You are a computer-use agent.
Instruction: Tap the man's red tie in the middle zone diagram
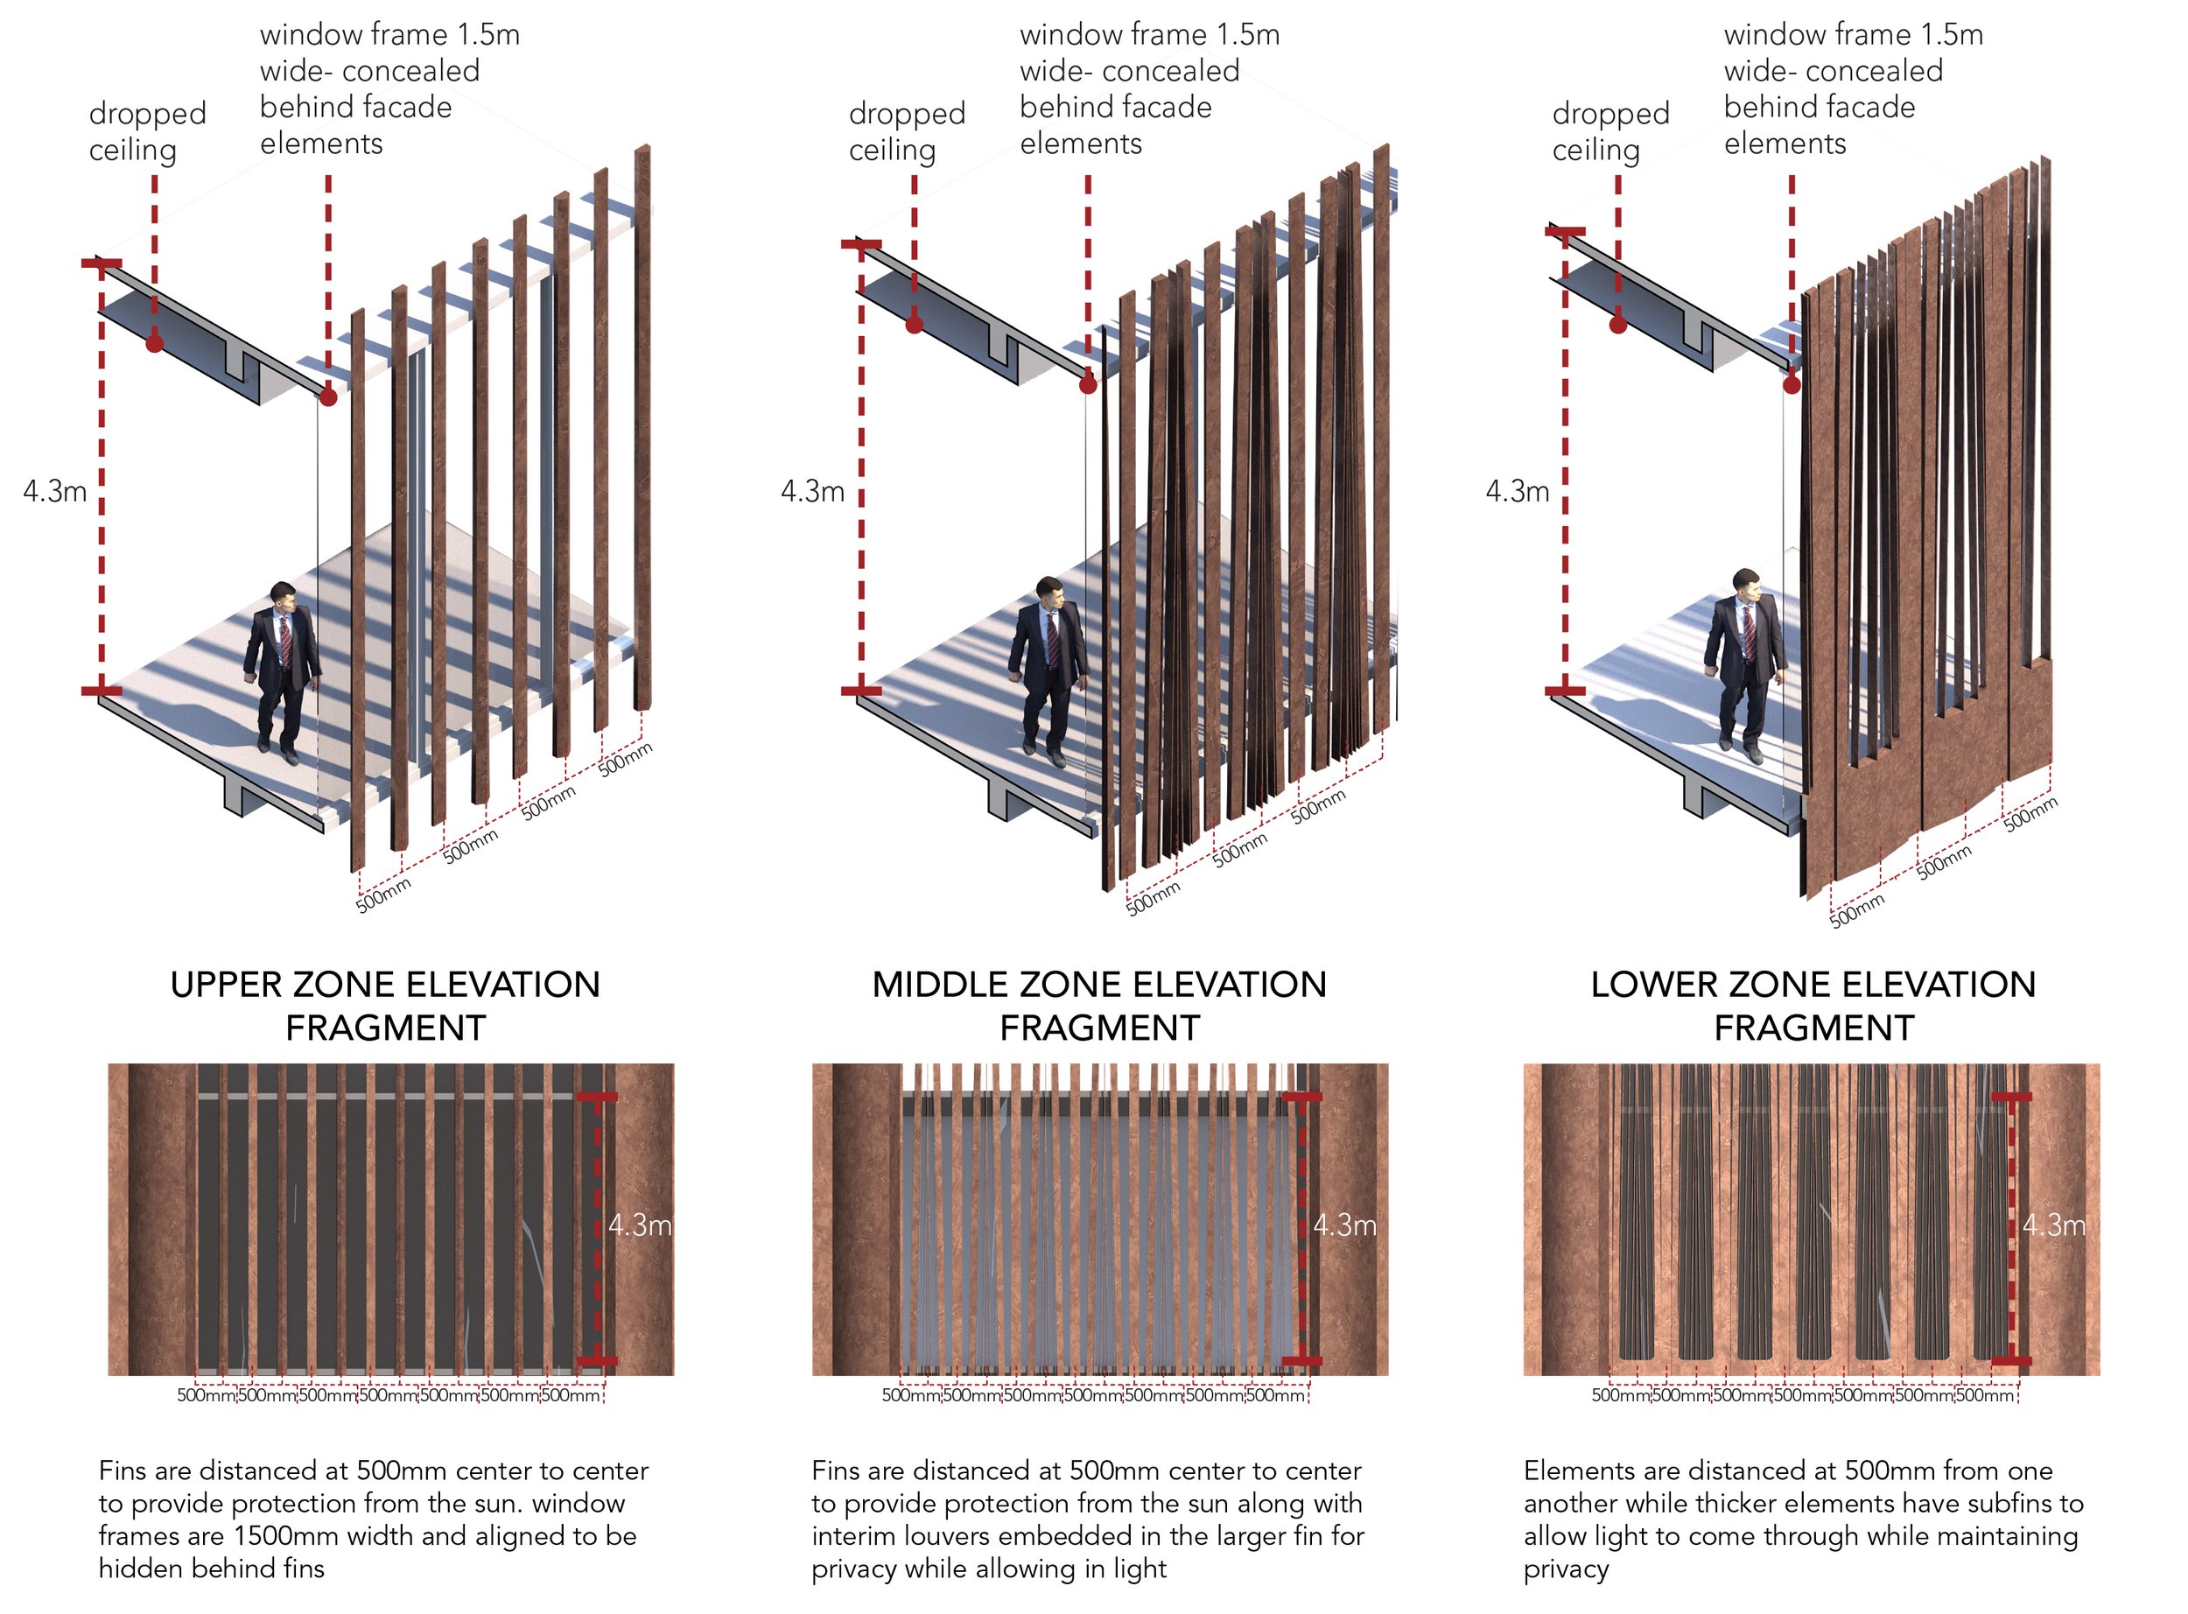pos(1053,640)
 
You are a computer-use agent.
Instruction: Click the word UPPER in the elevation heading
pos(226,985)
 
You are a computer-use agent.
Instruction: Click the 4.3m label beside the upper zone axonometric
pos(54,490)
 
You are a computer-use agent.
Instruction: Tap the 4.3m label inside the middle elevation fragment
pos(1344,1225)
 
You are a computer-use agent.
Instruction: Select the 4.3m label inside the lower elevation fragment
pos(2053,1225)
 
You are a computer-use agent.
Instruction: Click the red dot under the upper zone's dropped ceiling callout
pos(154,343)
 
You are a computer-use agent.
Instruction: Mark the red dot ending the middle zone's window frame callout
pos(1088,385)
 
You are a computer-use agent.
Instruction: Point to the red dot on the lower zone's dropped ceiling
pos(1617,326)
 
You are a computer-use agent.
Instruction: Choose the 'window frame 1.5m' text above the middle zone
pos(1148,35)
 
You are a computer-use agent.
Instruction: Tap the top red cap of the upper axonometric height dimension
pos(102,263)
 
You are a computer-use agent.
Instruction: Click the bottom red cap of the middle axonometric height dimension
pos(860,691)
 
